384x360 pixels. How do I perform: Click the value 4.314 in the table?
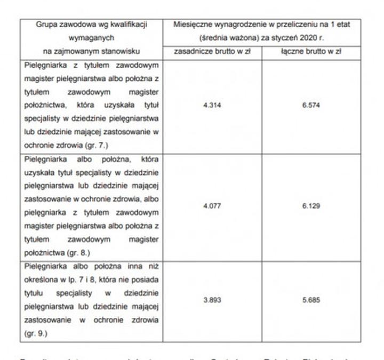click(212, 105)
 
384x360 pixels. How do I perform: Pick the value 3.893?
click(212, 300)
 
